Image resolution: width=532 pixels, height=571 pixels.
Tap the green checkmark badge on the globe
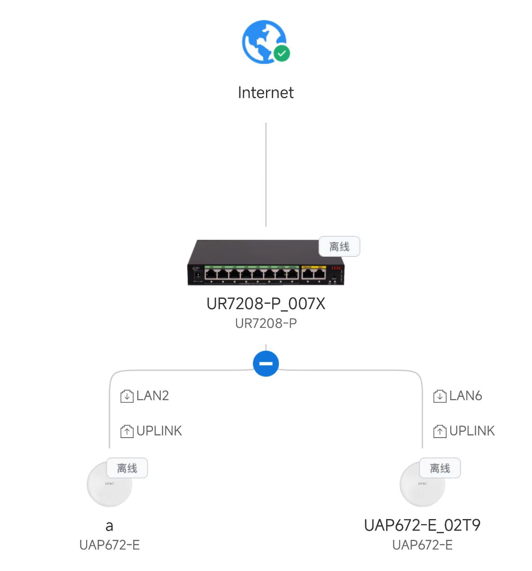(282, 53)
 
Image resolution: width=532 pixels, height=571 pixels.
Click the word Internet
(266, 93)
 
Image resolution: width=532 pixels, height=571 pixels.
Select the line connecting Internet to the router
(266, 175)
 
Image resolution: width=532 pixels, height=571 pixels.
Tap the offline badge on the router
(339, 246)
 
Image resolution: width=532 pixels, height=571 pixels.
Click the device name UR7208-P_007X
(266, 304)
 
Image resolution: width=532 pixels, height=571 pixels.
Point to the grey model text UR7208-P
(266, 323)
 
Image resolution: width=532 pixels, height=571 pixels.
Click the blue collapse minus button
(266, 364)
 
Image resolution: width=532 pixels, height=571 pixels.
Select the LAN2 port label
(153, 396)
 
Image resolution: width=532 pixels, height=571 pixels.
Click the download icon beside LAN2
(127, 396)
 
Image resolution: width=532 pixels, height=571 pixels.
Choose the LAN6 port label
(465, 396)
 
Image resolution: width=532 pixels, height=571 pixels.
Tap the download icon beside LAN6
(440, 396)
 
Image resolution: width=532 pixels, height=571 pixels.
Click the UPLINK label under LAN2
(159, 431)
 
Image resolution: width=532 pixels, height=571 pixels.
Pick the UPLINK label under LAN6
(472, 431)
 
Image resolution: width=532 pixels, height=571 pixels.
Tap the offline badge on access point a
(127, 468)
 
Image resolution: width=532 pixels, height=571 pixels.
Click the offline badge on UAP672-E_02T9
(440, 468)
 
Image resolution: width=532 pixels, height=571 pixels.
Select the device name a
(109, 526)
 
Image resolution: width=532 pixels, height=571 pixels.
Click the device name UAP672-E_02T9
(422, 526)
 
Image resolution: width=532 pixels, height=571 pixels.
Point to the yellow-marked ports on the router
(314, 273)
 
